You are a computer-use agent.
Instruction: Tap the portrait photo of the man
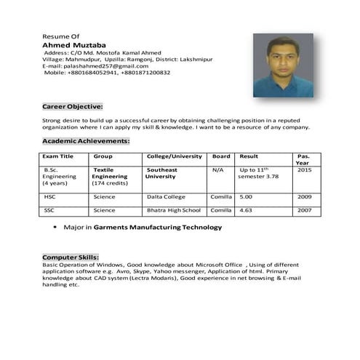283,65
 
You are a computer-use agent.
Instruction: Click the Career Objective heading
73,106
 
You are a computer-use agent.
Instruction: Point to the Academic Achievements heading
86,140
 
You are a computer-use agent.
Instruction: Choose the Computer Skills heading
71,258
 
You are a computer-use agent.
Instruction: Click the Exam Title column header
58,156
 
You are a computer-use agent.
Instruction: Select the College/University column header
175,156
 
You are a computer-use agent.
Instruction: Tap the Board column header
221,156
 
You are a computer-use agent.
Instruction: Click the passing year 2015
304,170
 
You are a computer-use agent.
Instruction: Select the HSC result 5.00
246,196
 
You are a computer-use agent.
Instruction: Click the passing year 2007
304,210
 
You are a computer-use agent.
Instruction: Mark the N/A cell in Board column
218,170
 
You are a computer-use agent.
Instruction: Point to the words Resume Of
61,36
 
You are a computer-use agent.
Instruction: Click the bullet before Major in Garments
55,228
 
